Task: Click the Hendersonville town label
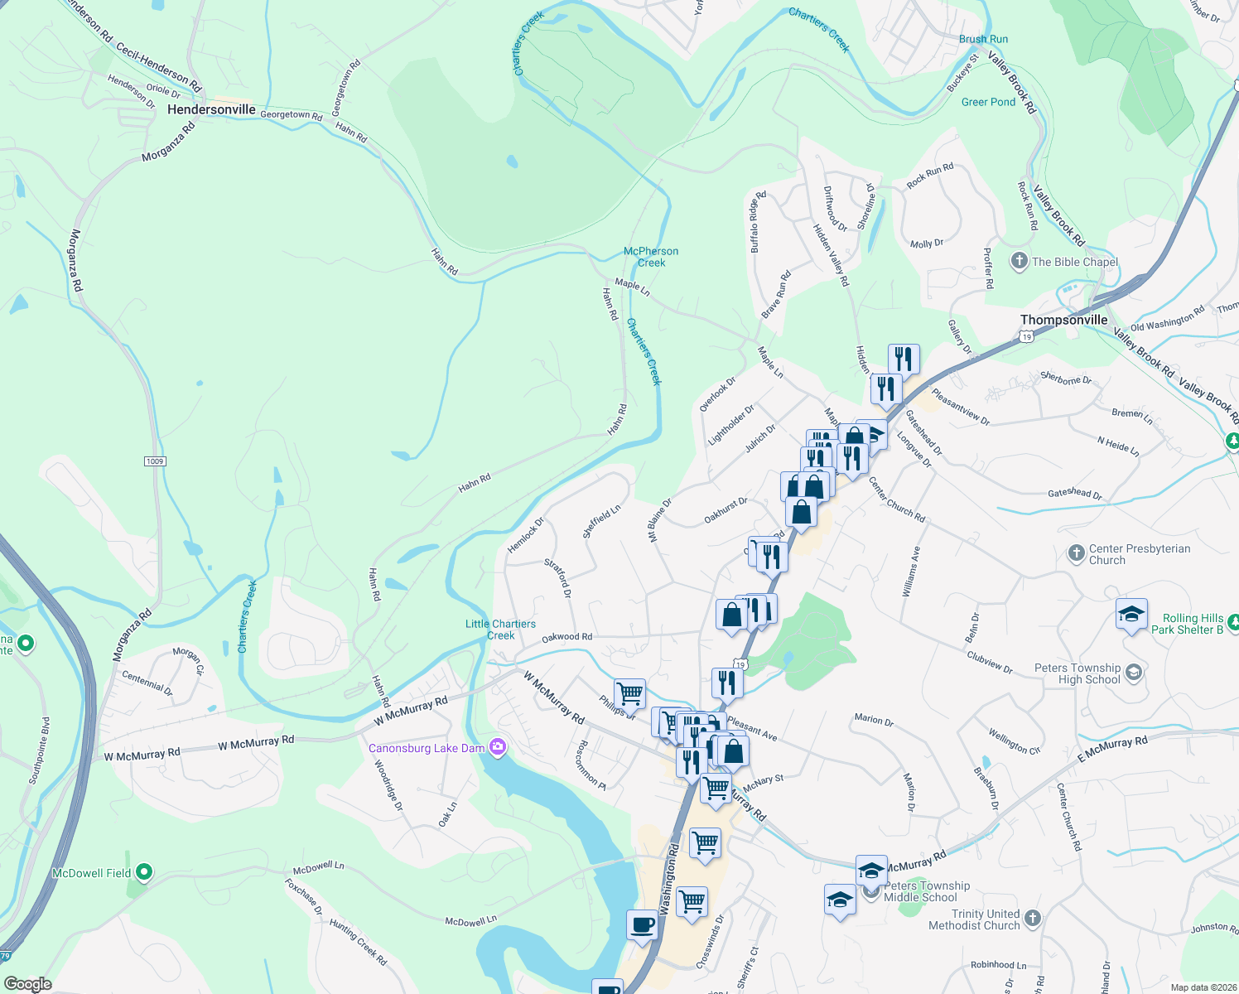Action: (211, 109)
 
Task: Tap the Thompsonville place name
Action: (1063, 320)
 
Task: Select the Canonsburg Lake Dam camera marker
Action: (497, 748)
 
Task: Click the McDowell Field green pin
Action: (144, 872)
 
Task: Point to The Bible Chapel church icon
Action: (1019, 261)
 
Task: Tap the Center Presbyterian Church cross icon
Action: (1076, 553)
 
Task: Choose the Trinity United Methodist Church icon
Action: (1032, 918)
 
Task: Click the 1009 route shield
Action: (155, 461)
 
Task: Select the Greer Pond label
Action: (988, 102)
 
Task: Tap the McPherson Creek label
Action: (651, 257)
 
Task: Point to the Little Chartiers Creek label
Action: (500, 630)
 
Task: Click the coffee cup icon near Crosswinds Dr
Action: (643, 925)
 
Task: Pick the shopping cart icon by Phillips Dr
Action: (630, 694)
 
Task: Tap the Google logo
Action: (28, 983)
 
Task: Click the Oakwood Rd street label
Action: (566, 637)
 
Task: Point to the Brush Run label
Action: (983, 39)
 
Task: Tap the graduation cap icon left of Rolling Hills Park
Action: (1131, 615)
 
